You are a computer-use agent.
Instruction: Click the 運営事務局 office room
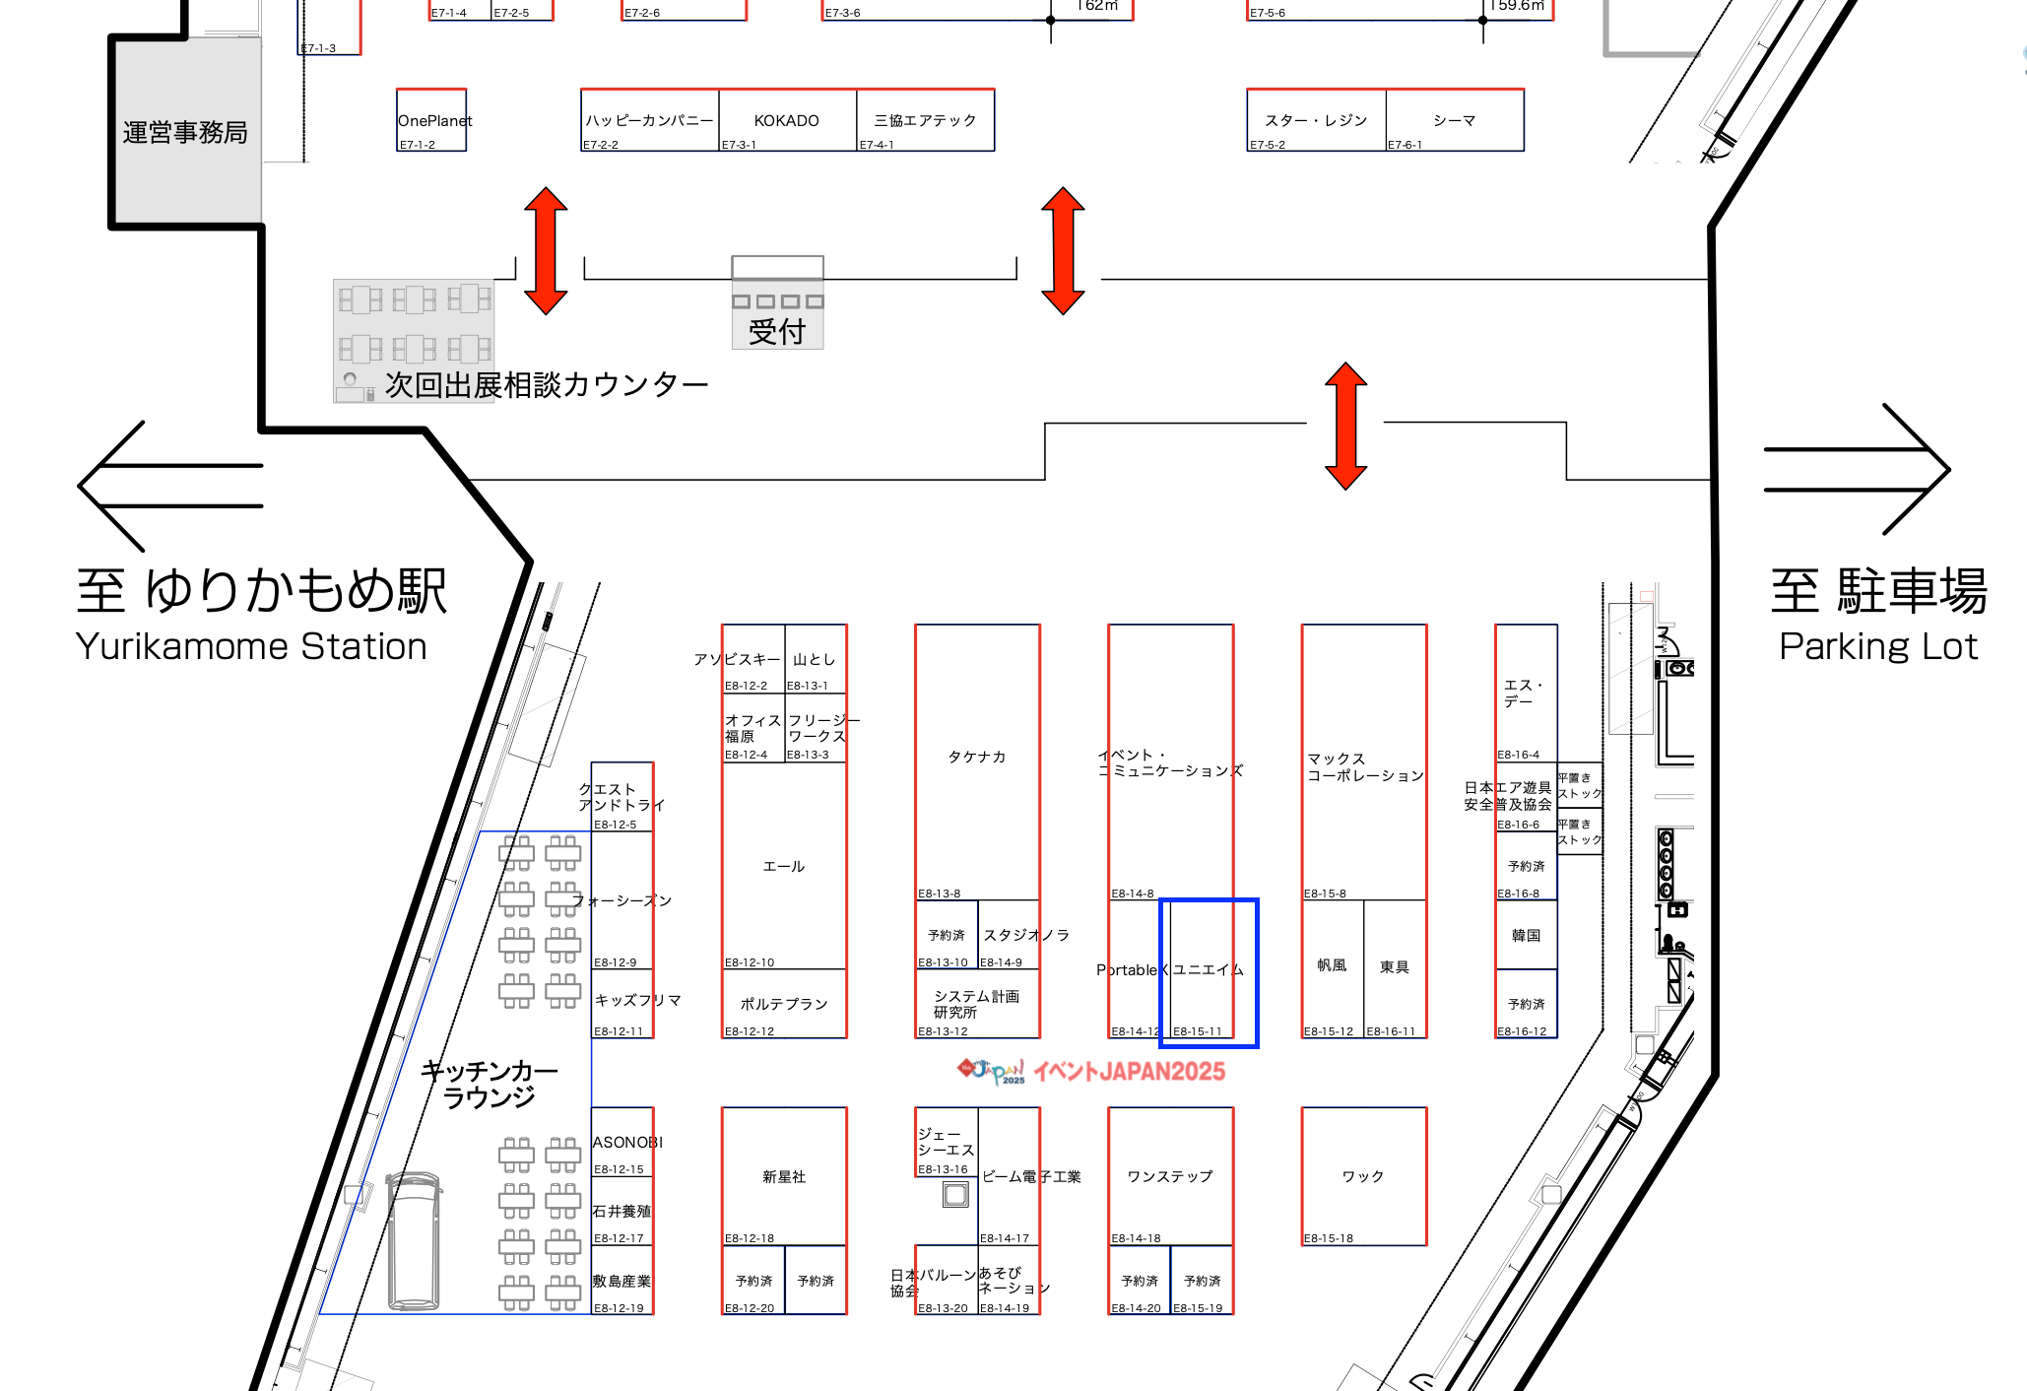tap(185, 132)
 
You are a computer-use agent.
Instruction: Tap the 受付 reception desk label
tap(777, 332)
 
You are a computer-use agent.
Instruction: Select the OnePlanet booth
tap(431, 120)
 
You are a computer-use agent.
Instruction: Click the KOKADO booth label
tap(786, 120)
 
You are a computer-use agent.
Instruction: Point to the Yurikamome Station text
tap(251, 646)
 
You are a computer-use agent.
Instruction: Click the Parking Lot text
tap(1877, 646)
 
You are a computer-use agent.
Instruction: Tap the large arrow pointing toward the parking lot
tap(1856, 469)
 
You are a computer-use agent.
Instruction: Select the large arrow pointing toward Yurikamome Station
tap(169, 486)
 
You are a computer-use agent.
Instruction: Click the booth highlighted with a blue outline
tap(1209, 971)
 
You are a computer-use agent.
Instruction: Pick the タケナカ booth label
tap(976, 757)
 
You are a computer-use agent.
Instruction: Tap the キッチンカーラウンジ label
tap(490, 1084)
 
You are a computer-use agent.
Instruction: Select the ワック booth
tap(1363, 1176)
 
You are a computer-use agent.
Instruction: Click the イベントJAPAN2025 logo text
tap(1129, 1072)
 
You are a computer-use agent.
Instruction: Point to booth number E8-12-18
tap(750, 1238)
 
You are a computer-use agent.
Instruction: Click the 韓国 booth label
tap(1526, 935)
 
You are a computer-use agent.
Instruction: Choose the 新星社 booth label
tap(784, 1176)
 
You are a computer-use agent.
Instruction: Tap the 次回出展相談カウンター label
tap(547, 384)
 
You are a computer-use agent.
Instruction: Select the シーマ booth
tap(1454, 120)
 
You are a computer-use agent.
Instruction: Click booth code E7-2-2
tap(601, 145)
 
